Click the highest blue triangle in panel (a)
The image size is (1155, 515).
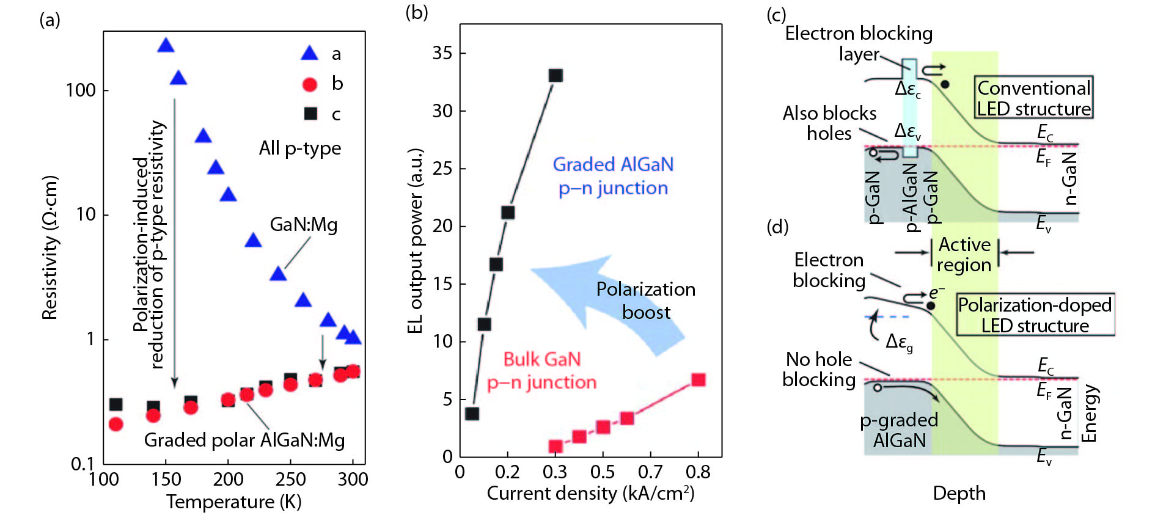point(166,46)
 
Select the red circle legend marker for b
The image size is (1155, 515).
point(310,84)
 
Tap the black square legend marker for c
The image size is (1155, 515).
point(310,114)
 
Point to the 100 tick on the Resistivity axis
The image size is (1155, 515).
point(81,90)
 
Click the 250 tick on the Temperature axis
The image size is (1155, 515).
point(290,479)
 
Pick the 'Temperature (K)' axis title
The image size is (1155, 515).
point(234,502)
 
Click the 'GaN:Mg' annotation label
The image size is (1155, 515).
point(304,225)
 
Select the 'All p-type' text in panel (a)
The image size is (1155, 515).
point(300,148)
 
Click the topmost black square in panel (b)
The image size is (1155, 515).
point(555,76)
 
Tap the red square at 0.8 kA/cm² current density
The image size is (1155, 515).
point(698,380)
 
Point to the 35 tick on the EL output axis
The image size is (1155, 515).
point(442,53)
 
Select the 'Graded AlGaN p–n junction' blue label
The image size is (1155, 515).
point(613,176)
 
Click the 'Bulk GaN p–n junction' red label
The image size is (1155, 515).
point(542,371)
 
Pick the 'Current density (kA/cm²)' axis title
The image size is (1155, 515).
point(590,494)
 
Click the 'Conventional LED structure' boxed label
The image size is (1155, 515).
point(1033,98)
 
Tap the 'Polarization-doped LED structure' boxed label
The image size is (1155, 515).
point(1035,315)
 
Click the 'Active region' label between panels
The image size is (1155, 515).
point(964,254)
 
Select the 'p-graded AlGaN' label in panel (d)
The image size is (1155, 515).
point(899,430)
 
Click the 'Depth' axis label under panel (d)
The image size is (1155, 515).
point(959,494)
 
